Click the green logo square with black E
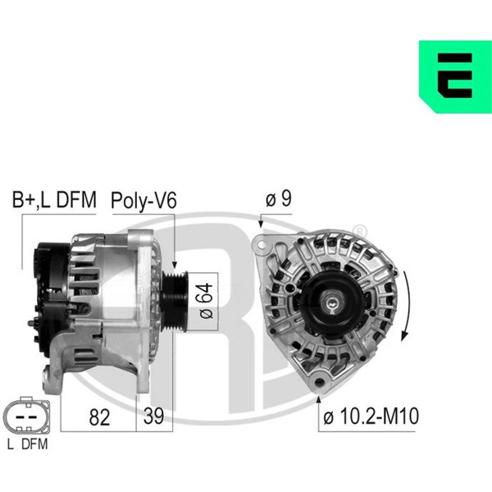(455, 76)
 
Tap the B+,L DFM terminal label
(54, 199)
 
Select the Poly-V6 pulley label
(143, 201)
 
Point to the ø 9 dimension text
(279, 198)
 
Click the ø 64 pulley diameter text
(206, 301)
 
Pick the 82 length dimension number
(99, 417)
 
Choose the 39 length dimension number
(154, 416)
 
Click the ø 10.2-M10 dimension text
(371, 416)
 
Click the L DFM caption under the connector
(28, 444)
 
